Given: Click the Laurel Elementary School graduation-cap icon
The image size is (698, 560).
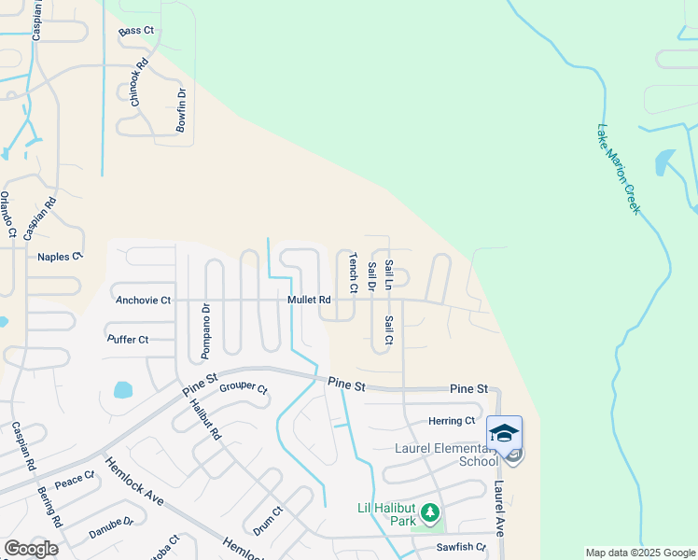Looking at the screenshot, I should (x=504, y=433).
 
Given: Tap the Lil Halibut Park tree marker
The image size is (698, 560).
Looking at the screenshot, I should (x=429, y=511).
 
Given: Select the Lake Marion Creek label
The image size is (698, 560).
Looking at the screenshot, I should (x=619, y=169).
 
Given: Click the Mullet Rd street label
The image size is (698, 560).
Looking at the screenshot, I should (x=309, y=301).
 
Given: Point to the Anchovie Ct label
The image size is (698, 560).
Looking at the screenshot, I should (x=143, y=301).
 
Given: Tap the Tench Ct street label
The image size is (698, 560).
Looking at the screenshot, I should (x=354, y=273).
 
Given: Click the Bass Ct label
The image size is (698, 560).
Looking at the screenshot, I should (x=135, y=32).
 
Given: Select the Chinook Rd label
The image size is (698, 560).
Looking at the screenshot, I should (x=140, y=83).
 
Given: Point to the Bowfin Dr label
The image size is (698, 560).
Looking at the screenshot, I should (x=182, y=109).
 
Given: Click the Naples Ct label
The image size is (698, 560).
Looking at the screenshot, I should (x=60, y=257).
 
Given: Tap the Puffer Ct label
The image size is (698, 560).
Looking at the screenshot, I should (x=128, y=340).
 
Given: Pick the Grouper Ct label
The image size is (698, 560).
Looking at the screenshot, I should (x=243, y=389).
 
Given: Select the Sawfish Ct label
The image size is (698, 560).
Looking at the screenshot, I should (x=462, y=547).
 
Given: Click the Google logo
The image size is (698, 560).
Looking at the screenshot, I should (x=31, y=549).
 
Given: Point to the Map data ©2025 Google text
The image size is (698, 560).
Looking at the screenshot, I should (x=640, y=553).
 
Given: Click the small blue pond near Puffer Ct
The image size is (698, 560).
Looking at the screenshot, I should (x=123, y=390).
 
